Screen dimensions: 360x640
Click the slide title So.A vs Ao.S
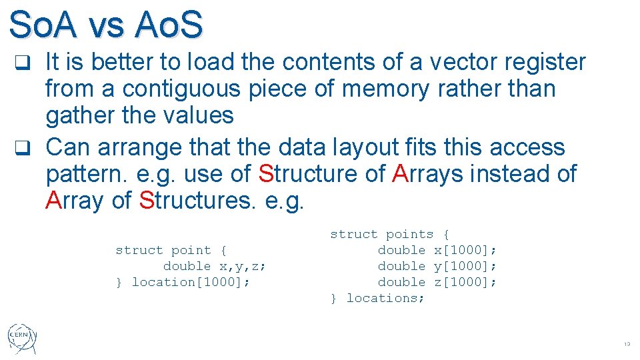click(106, 25)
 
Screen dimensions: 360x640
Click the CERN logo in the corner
click(23, 339)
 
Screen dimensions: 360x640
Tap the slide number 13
click(626, 345)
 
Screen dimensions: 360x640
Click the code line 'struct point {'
click(171, 250)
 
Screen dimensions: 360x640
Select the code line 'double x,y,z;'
click(215, 266)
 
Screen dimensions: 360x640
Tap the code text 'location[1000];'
click(191, 282)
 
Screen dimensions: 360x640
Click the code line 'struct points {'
click(390, 234)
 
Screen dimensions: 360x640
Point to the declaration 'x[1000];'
click(465, 250)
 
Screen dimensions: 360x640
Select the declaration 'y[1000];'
click(465, 266)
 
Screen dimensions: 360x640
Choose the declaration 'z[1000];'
click(465, 282)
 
